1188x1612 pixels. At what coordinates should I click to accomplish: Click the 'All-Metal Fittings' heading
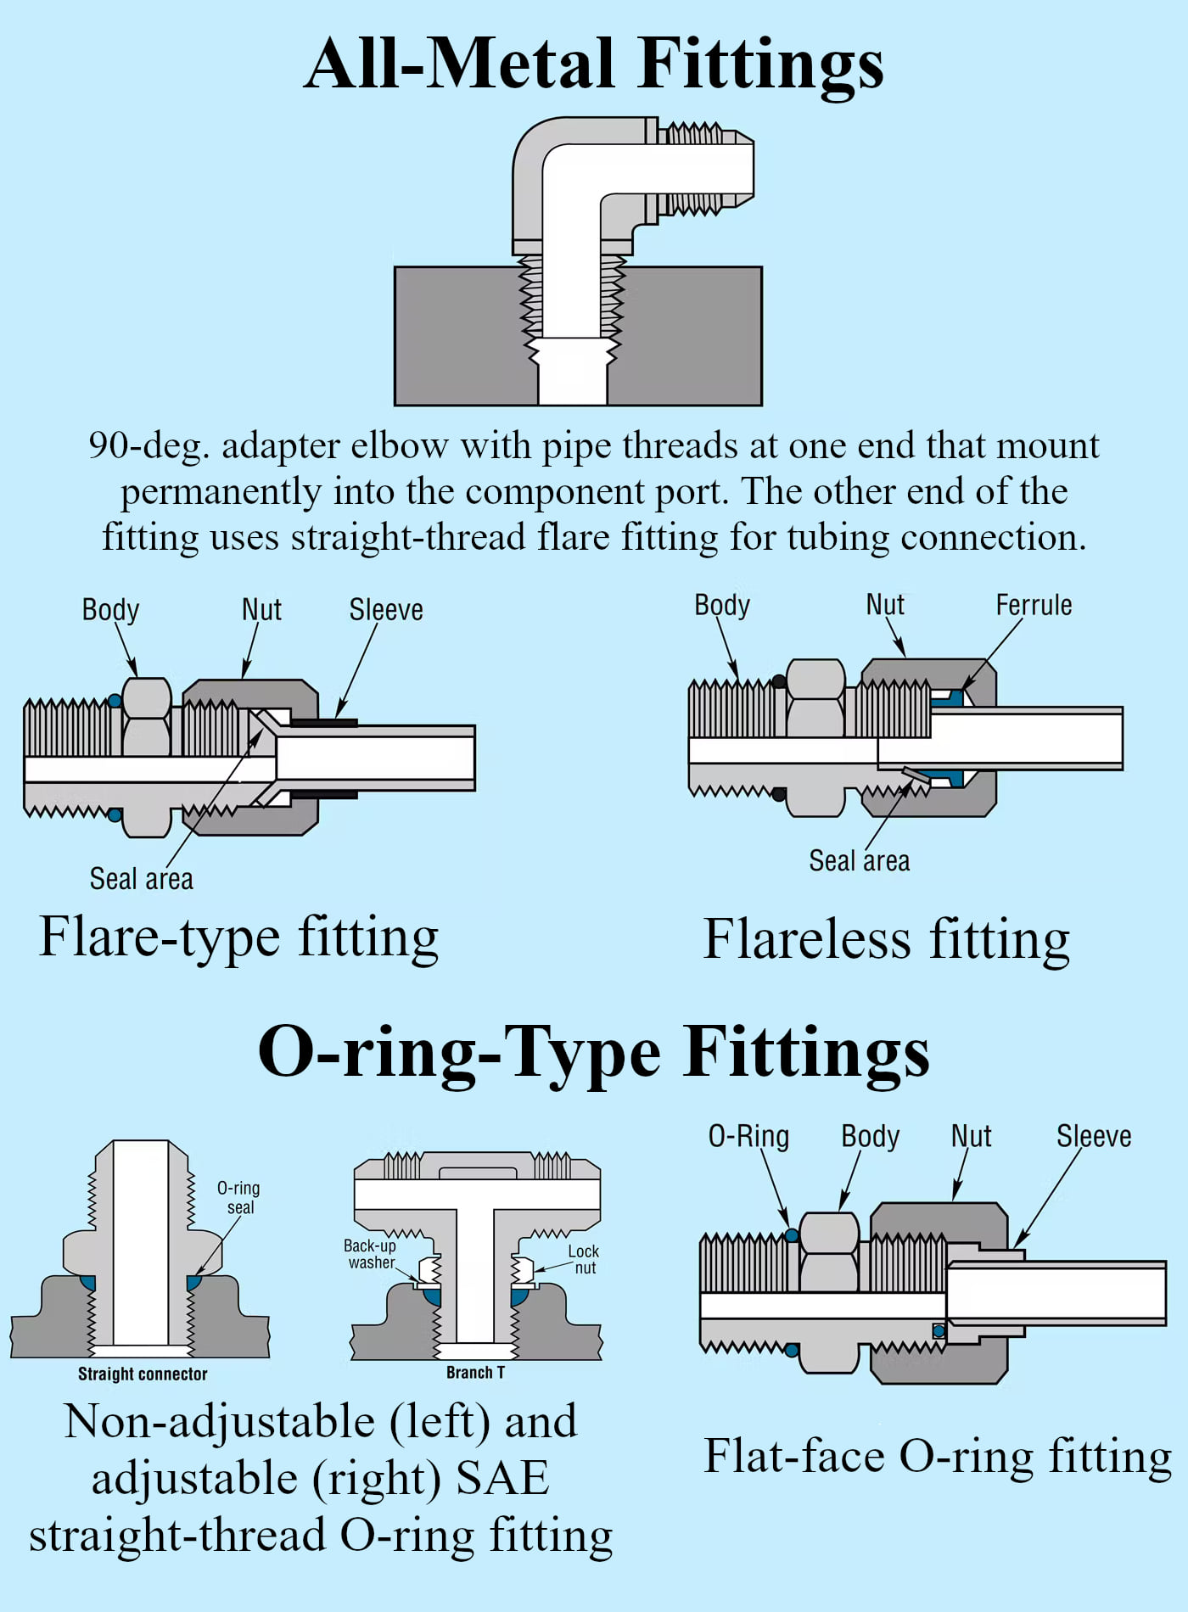pyautogui.click(x=594, y=64)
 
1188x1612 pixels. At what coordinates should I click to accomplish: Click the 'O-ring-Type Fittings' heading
pyautogui.click(x=594, y=1052)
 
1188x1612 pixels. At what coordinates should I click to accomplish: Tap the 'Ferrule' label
pyautogui.click(x=1034, y=605)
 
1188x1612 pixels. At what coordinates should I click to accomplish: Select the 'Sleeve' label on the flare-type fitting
pyautogui.click(x=386, y=609)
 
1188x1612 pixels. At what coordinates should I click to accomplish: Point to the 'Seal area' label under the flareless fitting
pyautogui.click(x=859, y=860)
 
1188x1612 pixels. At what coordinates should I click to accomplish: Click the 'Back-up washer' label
pyautogui.click(x=370, y=1254)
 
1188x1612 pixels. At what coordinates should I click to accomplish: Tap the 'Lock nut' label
pyautogui.click(x=584, y=1259)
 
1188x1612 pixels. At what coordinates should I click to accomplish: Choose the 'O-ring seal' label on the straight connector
pyautogui.click(x=238, y=1197)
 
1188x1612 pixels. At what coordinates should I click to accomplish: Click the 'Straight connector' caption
pyautogui.click(x=143, y=1374)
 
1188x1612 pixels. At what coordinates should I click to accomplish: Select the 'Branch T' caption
pyautogui.click(x=475, y=1372)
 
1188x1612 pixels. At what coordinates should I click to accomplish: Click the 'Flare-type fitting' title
pyautogui.click(x=239, y=938)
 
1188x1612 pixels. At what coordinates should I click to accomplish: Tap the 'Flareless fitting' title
pyautogui.click(x=887, y=940)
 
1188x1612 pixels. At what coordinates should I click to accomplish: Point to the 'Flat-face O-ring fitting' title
pyautogui.click(x=938, y=1457)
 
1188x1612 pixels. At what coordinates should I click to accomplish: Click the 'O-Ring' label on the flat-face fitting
pyautogui.click(x=748, y=1136)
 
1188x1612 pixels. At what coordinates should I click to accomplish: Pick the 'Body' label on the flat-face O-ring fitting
pyautogui.click(x=870, y=1137)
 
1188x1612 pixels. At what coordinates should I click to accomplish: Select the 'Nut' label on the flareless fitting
pyautogui.click(x=885, y=604)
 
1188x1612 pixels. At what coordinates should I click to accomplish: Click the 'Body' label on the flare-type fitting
pyautogui.click(x=110, y=610)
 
